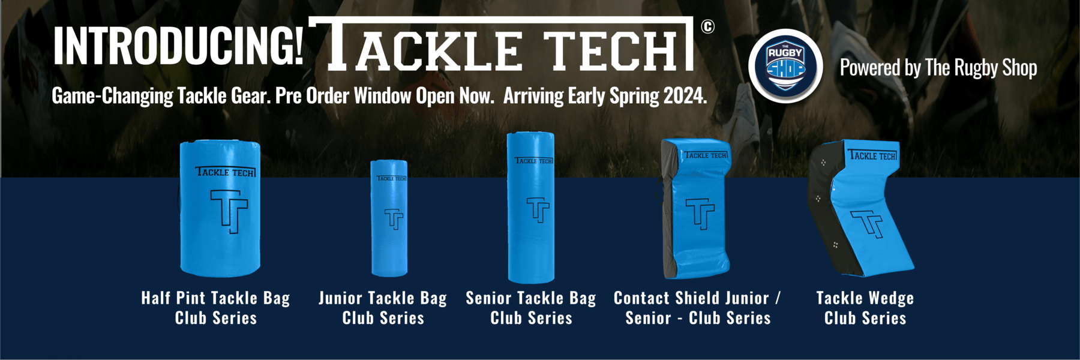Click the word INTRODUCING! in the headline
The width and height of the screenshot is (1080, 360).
[x=179, y=46]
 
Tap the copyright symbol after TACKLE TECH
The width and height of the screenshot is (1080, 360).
[x=708, y=26]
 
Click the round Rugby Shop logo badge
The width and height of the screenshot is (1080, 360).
[x=785, y=67]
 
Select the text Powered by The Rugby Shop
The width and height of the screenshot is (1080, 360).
[x=938, y=68]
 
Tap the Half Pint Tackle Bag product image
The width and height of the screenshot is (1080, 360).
[x=220, y=208]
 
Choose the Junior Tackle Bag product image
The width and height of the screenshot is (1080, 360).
[x=389, y=218]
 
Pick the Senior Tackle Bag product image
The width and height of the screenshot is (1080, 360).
[x=530, y=208]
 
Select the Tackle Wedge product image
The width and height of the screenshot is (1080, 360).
[x=861, y=208]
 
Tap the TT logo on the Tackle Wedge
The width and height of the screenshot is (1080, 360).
[x=867, y=224]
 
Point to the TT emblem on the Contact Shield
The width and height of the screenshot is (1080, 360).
[x=700, y=214]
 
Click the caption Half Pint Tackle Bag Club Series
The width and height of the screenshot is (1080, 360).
[x=216, y=308]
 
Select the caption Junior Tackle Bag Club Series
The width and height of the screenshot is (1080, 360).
[x=383, y=308]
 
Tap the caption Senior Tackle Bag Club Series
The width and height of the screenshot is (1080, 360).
[x=531, y=308]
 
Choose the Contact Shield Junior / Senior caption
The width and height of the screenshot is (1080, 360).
[x=698, y=308]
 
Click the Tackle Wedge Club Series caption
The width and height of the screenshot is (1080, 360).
[x=865, y=308]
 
